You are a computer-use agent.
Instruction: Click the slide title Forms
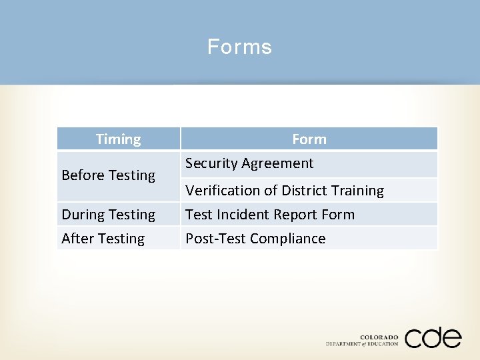tap(239, 47)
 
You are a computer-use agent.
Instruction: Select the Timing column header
tap(118, 139)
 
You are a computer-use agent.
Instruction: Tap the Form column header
tap(309, 139)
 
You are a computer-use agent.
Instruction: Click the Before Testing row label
tap(108, 175)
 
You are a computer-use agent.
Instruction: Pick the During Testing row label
tap(108, 215)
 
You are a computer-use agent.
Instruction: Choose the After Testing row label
tap(103, 239)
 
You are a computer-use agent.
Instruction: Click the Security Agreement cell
tap(249, 163)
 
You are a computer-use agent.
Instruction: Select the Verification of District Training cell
tap(285, 191)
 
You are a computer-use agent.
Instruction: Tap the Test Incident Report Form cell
tap(270, 215)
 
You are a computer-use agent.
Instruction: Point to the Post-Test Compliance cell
tap(255, 239)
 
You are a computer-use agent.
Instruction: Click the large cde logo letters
tap(433, 337)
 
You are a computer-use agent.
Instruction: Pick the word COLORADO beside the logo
tap(379, 337)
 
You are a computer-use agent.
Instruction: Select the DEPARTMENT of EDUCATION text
tap(362, 344)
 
